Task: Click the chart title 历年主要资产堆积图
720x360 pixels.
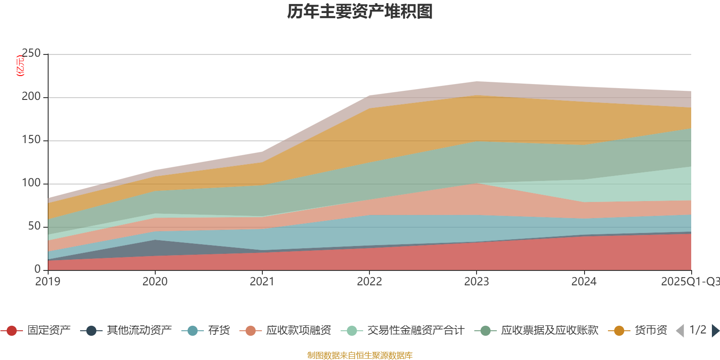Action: point(360,12)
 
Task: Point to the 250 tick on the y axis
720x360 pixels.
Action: point(31,54)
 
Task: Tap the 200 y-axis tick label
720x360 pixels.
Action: point(31,97)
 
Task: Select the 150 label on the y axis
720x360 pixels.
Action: point(31,140)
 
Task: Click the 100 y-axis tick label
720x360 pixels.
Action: point(31,183)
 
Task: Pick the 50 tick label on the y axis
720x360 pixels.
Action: point(34,226)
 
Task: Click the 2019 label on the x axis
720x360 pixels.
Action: point(48,282)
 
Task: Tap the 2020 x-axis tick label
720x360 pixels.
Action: point(155,282)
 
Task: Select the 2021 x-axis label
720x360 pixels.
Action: point(262,282)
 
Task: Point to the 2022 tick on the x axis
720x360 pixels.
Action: point(369,282)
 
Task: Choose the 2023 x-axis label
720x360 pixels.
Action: point(477,282)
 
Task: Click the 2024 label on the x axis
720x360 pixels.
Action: point(584,282)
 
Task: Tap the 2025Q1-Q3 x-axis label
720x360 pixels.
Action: point(689,282)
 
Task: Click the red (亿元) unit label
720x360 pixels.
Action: point(20,66)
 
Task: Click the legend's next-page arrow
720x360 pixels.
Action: point(715,331)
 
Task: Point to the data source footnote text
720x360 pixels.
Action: point(360,355)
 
